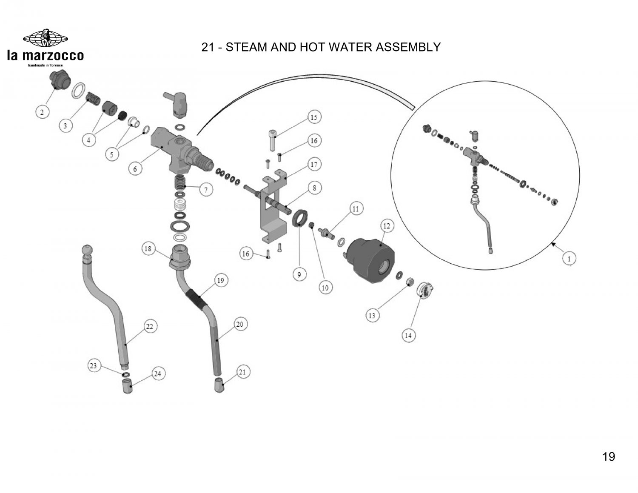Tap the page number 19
[609, 457]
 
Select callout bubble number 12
[386, 226]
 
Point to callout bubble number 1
[569, 258]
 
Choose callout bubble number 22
[150, 327]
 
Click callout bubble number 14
[408, 335]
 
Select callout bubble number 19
[221, 280]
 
